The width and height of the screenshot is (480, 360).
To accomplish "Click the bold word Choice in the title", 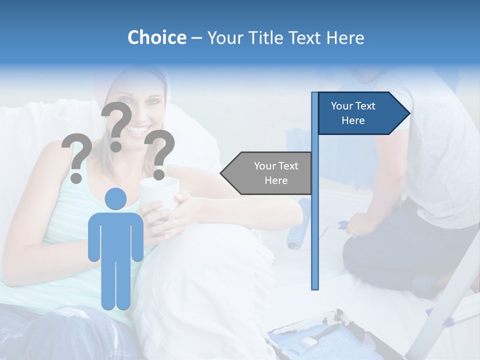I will point(156,37).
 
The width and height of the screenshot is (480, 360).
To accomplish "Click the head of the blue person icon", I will point(115,198).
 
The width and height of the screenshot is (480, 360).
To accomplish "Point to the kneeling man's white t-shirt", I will point(430,150).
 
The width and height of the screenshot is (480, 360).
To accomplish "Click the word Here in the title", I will point(345,37).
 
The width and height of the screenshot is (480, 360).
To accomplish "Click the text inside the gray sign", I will point(276,173).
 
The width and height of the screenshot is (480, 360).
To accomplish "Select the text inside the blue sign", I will point(353,113).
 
